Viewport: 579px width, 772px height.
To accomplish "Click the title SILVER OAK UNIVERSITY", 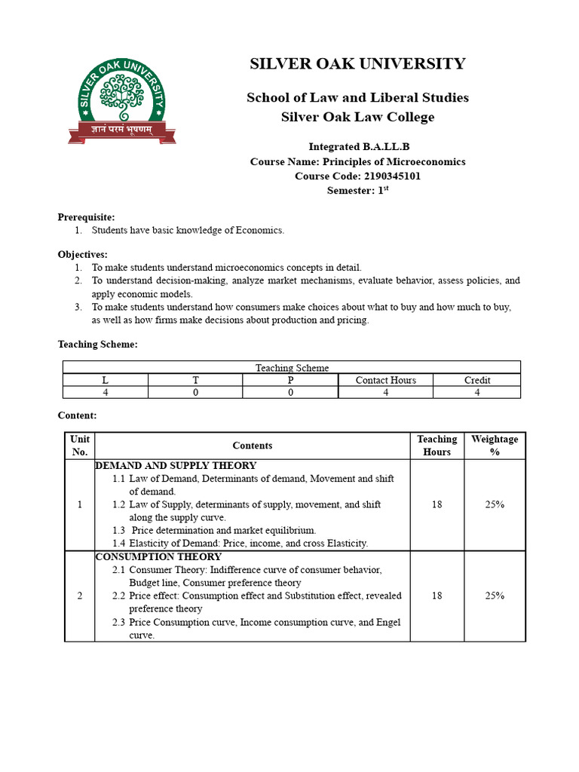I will click(x=357, y=64).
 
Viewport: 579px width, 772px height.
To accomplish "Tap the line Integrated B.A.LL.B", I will click(x=357, y=147).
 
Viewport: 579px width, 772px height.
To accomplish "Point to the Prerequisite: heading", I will click(x=86, y=217).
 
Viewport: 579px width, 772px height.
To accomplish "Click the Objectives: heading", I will click(x=82, y=255).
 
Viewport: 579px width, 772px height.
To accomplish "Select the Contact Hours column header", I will click(x=385, y=380).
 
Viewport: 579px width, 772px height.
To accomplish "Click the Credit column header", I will click(x=477, y=380).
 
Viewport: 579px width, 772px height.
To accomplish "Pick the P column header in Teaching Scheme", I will click(x=290, y=380).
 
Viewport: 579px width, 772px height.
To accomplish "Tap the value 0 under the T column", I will click(x=195, y=393).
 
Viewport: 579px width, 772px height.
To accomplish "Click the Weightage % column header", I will click(x=495, y=446).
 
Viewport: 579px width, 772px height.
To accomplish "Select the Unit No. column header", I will click(x=79, y=446).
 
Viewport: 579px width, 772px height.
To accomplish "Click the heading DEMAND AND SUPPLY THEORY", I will click(x=176, y=466).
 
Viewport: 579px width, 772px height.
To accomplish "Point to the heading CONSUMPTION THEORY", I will click(x=158, y=557).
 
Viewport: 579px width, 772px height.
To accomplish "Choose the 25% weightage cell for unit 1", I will click(x=495, y=504).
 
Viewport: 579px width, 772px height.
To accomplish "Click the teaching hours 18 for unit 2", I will click(x=437, y=596).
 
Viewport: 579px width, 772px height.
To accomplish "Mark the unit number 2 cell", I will click(x=79, y=596).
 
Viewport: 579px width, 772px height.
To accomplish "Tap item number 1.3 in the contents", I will click(x=119, y=531).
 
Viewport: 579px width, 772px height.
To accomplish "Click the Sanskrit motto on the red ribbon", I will click(x=121, y=130).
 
